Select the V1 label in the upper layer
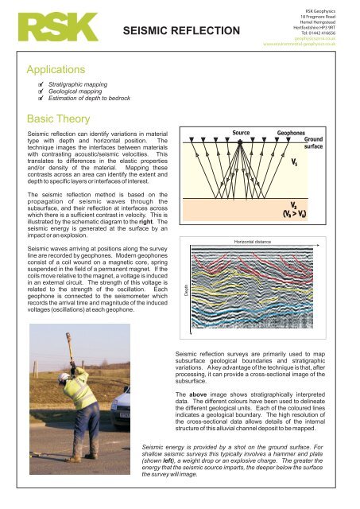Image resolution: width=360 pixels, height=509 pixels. tap(295, 162)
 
